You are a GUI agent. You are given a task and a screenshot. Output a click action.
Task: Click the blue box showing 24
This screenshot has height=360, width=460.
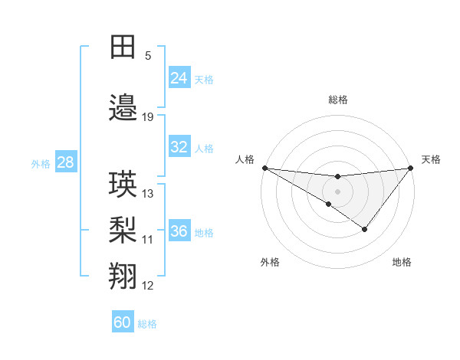point(179,78)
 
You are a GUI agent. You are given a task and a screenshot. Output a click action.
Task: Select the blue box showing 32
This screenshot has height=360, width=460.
point(179,148)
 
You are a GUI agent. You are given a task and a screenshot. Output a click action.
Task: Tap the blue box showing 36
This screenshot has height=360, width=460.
point(179,231)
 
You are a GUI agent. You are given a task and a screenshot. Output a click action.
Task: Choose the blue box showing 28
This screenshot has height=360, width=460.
point(65,162)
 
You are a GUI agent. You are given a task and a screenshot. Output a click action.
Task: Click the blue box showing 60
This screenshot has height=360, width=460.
point(123,322)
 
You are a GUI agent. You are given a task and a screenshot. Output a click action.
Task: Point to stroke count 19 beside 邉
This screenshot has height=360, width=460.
point(148,117)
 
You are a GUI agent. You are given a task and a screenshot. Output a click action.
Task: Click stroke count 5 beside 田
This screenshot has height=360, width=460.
point(148,56)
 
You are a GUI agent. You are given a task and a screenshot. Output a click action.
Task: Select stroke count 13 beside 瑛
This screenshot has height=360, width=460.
point(148,194)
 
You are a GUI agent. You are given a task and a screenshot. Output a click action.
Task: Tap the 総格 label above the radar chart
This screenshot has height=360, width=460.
point(337,100)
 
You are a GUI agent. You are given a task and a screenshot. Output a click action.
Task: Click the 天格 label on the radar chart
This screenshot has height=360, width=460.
point(431,159)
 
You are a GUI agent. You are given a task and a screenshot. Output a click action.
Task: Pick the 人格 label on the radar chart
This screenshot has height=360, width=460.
point(245,159)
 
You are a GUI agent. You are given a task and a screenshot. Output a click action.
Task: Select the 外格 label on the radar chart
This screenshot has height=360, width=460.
point(270,263)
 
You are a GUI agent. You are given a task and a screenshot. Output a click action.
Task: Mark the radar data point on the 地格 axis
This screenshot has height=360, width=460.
point(365,229)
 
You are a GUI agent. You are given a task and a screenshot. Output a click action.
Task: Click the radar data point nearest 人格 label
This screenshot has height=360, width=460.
point(264,167)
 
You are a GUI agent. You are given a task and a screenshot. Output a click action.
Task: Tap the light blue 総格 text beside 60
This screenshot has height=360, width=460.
point(148,324)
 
